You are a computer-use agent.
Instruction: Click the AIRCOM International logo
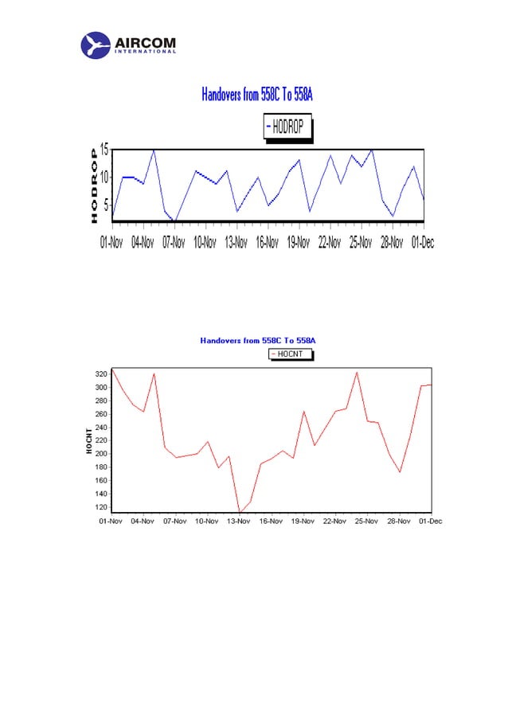[x=129, y=45]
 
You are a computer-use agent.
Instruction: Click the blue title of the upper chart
[x=257, y=96]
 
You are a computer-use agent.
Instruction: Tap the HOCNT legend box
[x=291, y=354]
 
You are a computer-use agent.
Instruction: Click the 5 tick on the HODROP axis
[x=104, y=204]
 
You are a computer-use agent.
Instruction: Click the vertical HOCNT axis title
[x=90, y=440]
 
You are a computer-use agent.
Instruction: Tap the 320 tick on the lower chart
[x=100, y=373]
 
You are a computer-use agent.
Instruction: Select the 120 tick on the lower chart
[x=100, y=506]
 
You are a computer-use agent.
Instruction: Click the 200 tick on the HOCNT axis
[x=100, y=453]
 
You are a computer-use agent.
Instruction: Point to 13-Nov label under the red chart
[x=238, y=521]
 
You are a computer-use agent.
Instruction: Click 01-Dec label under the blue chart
[x=422, y=242]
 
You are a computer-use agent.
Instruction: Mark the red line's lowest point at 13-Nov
[x=240, y=513]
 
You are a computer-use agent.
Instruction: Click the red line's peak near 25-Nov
[x=357, y=372]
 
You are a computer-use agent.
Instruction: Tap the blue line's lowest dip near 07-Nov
[x=176, y=220]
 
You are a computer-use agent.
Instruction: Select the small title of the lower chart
[x=257, y=340]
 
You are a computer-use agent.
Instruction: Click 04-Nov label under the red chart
[x=143, y=521]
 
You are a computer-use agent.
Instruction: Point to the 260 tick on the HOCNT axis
[x=100, y=413]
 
